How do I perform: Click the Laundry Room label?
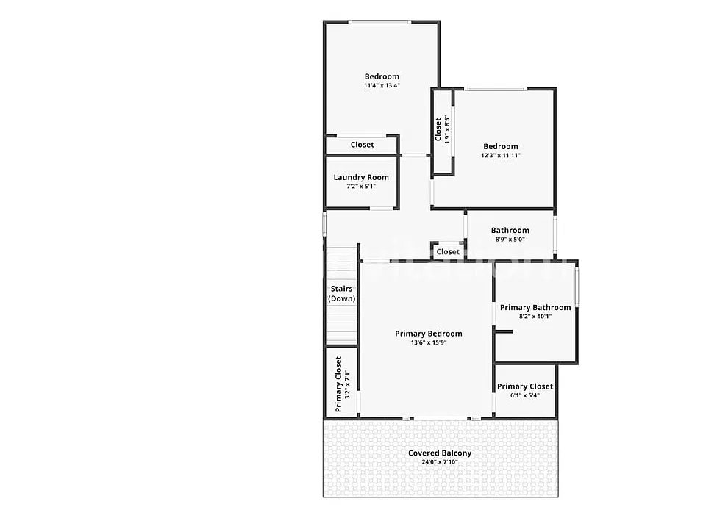tap(361, 177)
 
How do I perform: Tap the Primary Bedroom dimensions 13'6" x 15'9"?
tap(429, 343)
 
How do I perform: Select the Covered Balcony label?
tap(440, 453)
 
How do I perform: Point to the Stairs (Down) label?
tap(342, 294)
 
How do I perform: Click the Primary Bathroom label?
tap(535, 308)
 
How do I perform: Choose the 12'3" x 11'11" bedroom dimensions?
tap(501, 156)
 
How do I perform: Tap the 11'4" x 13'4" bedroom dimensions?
tap(382, 85)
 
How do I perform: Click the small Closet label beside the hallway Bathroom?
tap(448, 252)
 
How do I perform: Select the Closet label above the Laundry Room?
tap(362, 145)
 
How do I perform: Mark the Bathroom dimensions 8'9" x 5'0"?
tap(510, 240)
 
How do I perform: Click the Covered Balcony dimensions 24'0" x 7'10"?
tap(440, 462)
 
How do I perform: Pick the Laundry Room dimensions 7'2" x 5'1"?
tap(361, 186)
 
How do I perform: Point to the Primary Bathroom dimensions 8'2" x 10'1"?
tap(535, 317)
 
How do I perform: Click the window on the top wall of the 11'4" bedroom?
tap(379, 21)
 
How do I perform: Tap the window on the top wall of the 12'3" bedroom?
tap(495, 89)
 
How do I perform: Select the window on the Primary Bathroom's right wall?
tap(577, 288)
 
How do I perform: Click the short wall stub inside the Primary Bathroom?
tap(504, 332)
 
